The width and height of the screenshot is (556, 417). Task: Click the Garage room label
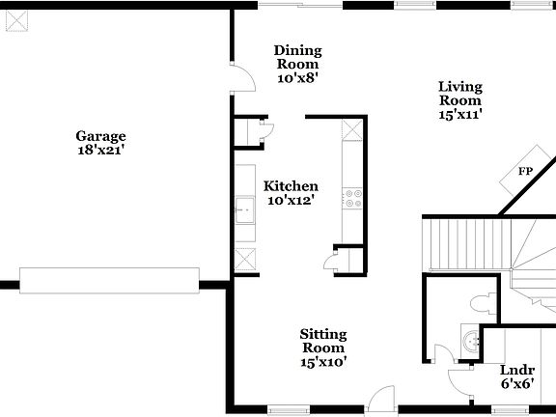click(101, 136)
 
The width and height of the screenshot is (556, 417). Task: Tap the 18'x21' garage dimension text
click(101, 151)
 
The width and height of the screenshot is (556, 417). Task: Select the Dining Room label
click(297, 58)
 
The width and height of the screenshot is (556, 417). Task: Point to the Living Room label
click(460, 93)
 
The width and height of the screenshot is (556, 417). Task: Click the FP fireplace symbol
click(525, 171)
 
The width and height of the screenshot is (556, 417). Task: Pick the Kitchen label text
click(292, 186)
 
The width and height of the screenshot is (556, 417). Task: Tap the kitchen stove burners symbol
click(352, 199)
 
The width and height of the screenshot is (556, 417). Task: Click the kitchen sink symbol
click(244, 206)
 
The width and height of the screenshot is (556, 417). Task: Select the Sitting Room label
click(323, 341)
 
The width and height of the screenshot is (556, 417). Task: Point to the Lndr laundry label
click(517, 370)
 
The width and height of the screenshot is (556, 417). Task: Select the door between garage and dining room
click(241, 77)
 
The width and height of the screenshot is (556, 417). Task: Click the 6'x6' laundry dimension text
click(517, 384)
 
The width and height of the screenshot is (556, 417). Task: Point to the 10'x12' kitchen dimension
click(292, 202)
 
